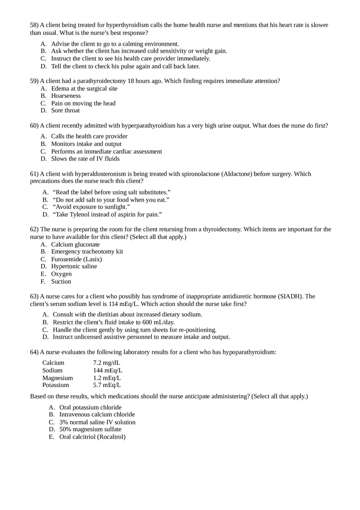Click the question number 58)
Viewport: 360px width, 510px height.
tap(34, 25)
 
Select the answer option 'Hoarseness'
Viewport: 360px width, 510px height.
tap(66, 96)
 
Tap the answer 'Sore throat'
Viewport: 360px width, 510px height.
tap(65, 110)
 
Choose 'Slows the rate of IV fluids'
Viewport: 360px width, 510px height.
tap(85, 159)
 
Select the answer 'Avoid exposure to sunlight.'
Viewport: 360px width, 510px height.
tap(91, 207)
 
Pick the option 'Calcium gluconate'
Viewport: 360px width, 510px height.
tap(75, 245)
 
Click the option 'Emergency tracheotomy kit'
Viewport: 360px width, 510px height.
tap(87, 252)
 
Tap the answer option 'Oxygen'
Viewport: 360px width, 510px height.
tap(61, 274)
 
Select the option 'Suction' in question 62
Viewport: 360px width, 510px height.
tap(61, 281)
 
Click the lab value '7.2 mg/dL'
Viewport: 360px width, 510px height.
tap(106, 363)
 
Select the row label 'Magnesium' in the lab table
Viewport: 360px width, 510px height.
tap(57, 378)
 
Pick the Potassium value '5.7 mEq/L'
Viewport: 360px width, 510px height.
tap(107, 385)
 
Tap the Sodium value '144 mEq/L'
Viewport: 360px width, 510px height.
tap(108, 371)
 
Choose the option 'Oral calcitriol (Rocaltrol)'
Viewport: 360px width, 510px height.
tap(92, 437)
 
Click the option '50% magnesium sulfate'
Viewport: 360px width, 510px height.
tap(90, 429)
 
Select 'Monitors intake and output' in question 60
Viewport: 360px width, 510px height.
tap(86, 144)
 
